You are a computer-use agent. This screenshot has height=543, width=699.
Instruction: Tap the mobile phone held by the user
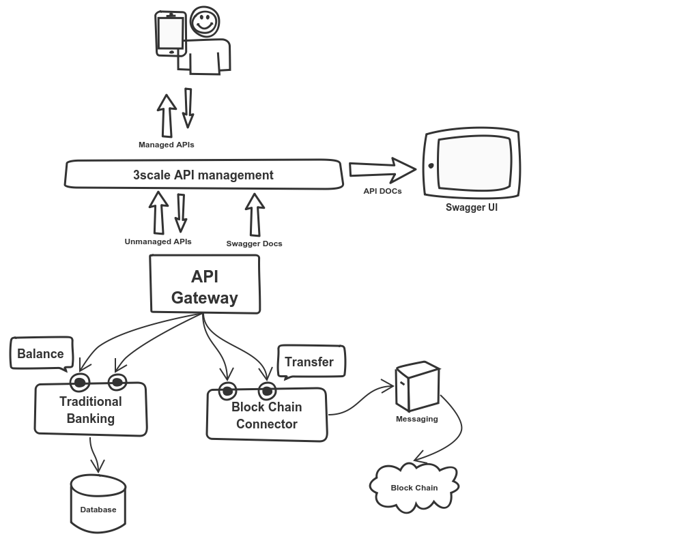(x=170, y=33)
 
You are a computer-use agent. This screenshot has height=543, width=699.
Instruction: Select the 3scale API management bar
(x=203, y=175)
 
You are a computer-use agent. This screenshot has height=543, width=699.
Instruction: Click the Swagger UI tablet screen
(x=474, y=164)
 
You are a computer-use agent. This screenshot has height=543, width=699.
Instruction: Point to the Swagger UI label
(x=471, y=207)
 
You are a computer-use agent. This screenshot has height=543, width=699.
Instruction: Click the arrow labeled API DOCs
(x=382, y=168)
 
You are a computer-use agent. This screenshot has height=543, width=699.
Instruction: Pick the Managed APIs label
(x=166, y=145)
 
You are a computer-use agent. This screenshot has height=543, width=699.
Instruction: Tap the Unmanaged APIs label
(x=158, y=241)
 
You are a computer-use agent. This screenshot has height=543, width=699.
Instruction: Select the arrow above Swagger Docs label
(x=255, y=214)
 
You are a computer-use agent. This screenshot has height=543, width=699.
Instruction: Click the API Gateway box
(x=205, y=285)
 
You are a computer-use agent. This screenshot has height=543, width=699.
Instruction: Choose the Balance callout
(x=41, y=353)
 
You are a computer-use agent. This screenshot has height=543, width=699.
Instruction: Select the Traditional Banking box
(x=91, y=409)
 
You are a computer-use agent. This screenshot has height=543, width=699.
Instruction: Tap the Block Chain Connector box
(x=266, y=415)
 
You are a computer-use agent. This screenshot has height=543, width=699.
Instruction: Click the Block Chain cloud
(x=414, y=487)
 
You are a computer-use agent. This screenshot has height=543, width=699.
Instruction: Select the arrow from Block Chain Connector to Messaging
(x=362, y=403)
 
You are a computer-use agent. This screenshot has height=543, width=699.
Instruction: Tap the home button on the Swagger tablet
(x=431, y=165)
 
